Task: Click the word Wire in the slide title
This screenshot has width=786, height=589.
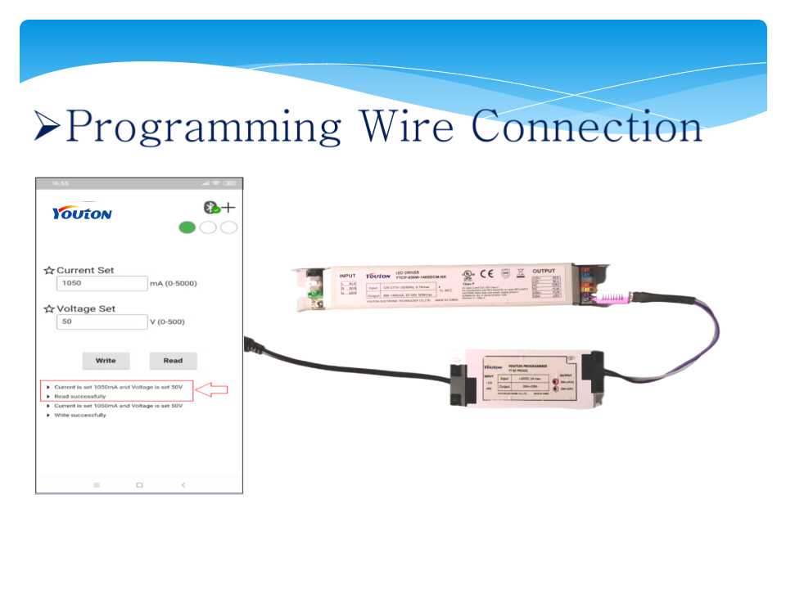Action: [409, 128]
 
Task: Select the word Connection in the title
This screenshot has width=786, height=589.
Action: [586, 128]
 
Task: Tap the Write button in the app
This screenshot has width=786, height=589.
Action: [106, 360]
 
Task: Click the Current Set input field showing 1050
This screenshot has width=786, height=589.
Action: [101, 283]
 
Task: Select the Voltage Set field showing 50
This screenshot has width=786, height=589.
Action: [101, 322]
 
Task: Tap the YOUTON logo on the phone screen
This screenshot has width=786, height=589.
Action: [82, 213]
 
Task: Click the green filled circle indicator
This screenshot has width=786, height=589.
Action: [187, 227]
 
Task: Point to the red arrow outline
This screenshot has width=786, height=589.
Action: [212, 389]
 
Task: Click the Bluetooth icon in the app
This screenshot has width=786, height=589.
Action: [210, 208]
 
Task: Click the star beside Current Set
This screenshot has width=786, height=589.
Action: [49, 271]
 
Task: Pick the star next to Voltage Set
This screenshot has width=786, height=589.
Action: [49, 309]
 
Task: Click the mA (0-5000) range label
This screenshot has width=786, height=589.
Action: [173, 284]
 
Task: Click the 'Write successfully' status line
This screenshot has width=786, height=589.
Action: [79, 415]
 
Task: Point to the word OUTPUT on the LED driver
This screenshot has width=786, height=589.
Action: [544, 271]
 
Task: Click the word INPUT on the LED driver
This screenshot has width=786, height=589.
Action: [348, 277]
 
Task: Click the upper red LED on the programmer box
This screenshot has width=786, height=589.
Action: [556, 382]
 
